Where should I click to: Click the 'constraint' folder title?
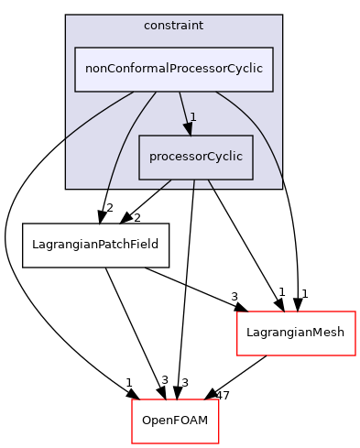pos(173,25)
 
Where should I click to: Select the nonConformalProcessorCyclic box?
pos(173,69)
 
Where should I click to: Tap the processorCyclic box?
pos(195,157)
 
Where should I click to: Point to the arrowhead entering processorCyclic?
pos(189,128)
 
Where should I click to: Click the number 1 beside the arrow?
pos(194,116)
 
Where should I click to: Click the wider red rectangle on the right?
pos(296,333)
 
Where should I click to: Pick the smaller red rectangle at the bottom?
pos(175,421)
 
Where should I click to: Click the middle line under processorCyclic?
pos(194,184)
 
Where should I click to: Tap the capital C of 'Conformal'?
pos(115,69)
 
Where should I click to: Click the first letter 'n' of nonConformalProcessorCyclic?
pos(89,70)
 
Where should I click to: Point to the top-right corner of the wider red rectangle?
pos(355,312)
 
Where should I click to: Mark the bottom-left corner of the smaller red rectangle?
pos(132,443)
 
